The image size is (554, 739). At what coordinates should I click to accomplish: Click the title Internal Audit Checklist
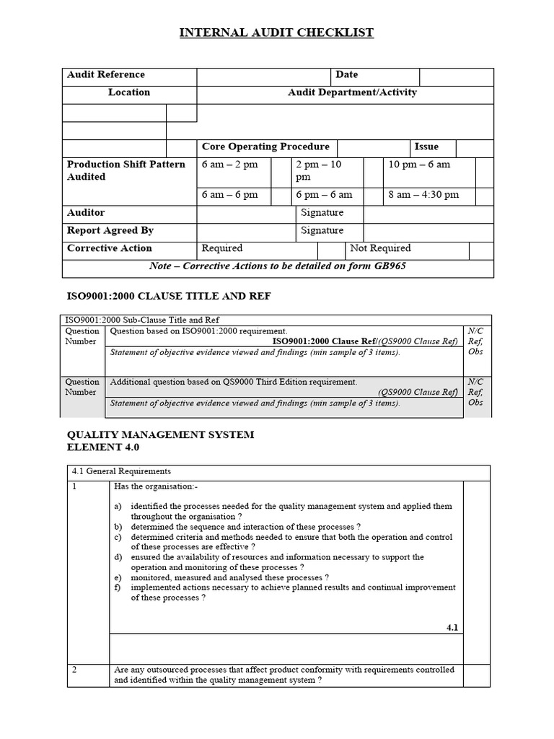click(x=277, y=32)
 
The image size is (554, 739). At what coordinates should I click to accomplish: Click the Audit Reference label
click(x=105, y=74)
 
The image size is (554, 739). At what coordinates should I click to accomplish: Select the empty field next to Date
click(x=456, y=76)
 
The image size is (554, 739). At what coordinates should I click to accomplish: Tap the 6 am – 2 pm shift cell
click(x=229, y=165)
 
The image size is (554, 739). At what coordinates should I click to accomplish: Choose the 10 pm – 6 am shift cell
click(x=419, y=165)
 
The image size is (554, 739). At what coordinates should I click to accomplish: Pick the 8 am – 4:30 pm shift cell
click(x=423, y=195)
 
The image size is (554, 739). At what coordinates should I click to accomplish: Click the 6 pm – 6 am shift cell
click(x=324, y=195)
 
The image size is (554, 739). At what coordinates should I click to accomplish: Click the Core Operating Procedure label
click(x=265, y=147)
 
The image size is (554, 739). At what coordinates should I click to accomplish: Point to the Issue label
click(x=426, y=147)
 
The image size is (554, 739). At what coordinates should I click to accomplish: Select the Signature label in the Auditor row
click(x=322, y=213)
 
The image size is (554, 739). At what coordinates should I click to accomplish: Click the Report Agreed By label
click(x=110, y=230)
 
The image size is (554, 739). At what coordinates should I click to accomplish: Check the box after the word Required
click(x=331, y=249)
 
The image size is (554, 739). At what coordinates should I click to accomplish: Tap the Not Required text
click(x=380, y=248)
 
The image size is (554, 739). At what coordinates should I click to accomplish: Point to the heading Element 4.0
click(x=102, y=447)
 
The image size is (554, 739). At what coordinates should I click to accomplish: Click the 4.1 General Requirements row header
click(x=121, y=471)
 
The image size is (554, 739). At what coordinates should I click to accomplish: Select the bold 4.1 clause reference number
click(x=452, y=628)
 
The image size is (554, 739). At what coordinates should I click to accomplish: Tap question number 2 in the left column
click(x=74, y=670)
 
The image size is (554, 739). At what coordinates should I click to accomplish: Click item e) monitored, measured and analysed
click(x=229, y=577)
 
